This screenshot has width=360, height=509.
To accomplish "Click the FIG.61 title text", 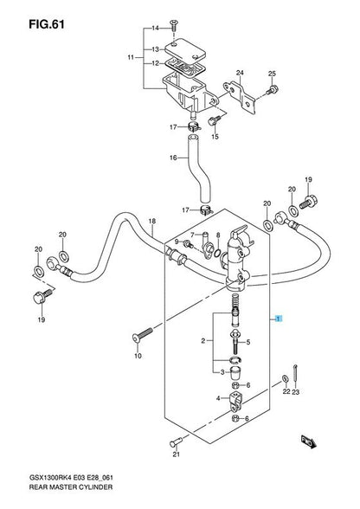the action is [47, 24].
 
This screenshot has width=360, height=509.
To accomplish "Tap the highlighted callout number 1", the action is [278, 319].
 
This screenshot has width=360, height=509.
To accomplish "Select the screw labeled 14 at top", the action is [173, 25].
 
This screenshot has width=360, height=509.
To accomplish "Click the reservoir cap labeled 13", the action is [185, 49].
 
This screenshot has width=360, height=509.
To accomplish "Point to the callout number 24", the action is [240, 73].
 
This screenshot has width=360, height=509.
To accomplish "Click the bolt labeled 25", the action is [273, 89].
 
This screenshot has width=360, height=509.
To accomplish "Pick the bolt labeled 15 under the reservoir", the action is [213, 121].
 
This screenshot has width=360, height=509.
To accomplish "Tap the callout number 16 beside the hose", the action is [173, 158].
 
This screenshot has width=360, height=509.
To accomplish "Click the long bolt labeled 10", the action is [143, 335].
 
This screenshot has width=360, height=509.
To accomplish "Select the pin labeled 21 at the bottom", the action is [177, 441].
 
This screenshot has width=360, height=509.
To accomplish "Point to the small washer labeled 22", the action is [286, 379].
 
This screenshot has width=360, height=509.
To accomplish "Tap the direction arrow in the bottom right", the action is [308, 441].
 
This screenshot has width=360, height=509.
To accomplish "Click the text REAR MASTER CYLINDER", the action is [71, 486].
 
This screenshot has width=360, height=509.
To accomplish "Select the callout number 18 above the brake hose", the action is [152, 222].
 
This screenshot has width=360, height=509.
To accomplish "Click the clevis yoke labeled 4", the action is [235, 402].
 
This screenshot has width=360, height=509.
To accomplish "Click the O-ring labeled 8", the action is [218, 253].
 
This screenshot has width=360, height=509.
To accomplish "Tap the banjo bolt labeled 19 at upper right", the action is [308, 202].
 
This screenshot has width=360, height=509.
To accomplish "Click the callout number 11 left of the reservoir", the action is [131, 58].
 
